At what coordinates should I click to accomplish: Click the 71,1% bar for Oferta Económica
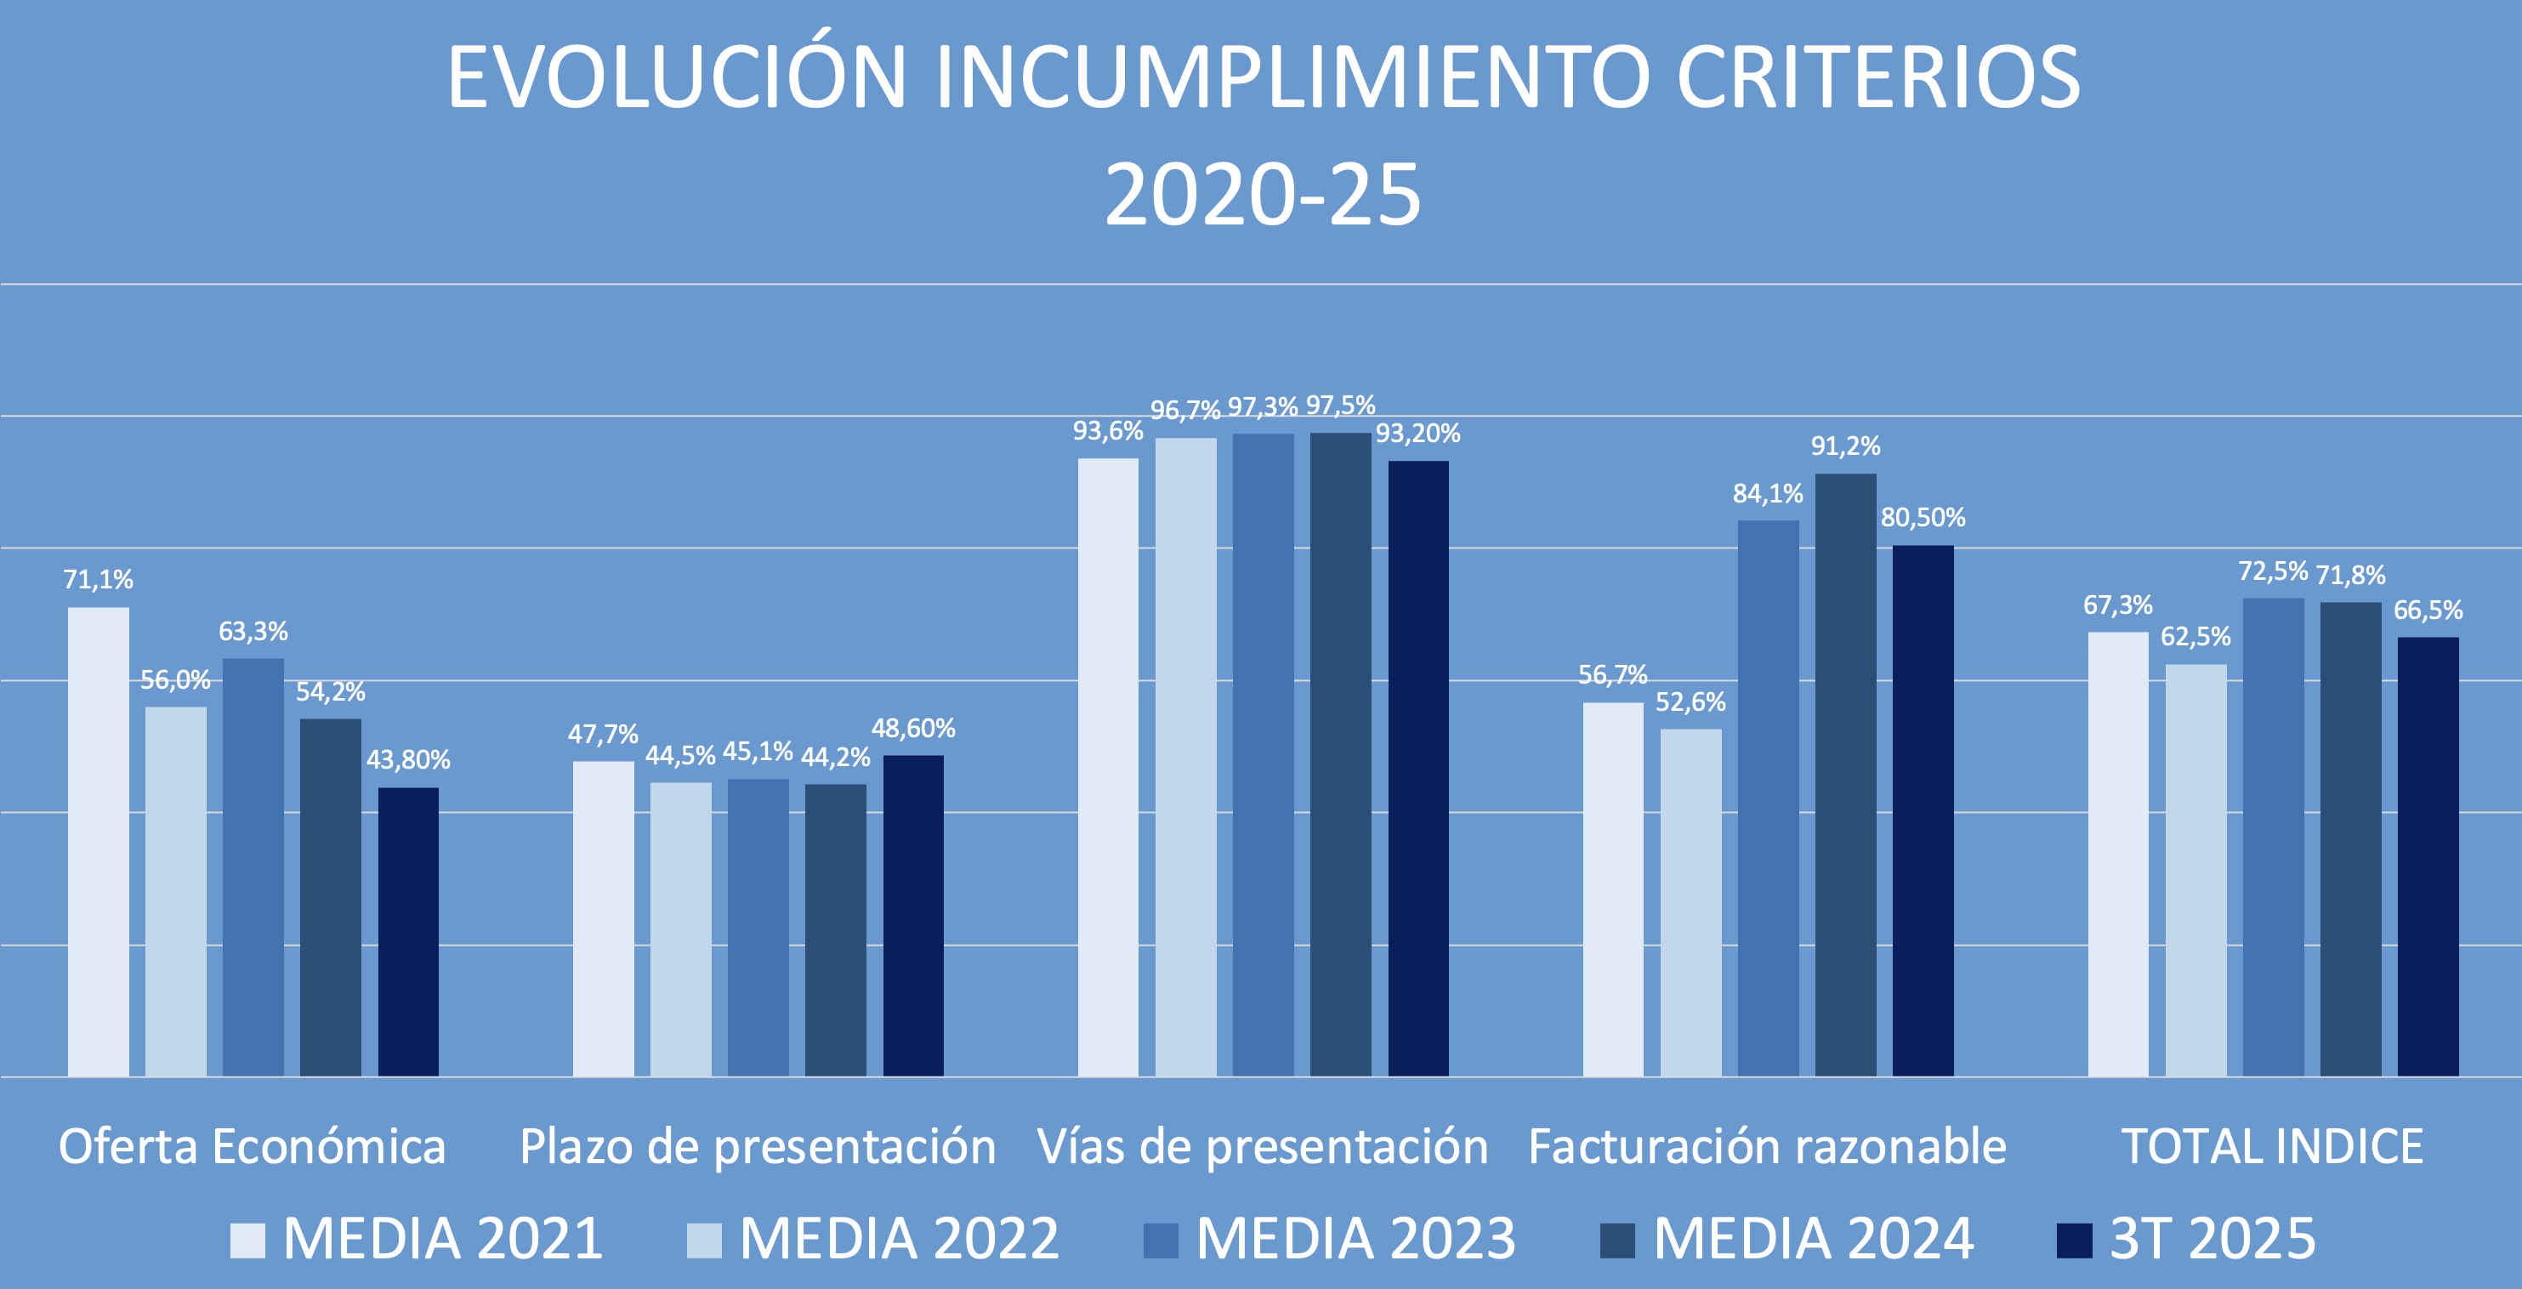coord(98,842)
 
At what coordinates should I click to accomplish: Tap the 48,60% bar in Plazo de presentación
coord(912,915)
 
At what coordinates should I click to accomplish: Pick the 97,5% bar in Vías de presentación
coord(1340,753)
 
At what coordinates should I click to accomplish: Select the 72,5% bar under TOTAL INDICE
coord(2274,837)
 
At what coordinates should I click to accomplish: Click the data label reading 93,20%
coord(1417,434)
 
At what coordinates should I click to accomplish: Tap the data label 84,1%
coord(1767,494)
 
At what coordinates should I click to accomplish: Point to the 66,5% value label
coord(2428,610)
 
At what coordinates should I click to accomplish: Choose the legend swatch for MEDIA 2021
coord(247,1240)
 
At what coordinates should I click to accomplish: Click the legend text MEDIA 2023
coord(1356,1239)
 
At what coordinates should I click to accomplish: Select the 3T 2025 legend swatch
coord(2074,1240)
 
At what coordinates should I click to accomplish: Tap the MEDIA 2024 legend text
coord(1813,1239)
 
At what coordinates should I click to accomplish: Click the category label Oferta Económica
coord(252,1146)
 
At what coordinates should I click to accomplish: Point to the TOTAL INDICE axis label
coord(2272,1146)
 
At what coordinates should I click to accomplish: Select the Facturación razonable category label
coord(1767,1146)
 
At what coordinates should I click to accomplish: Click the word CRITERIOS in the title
coord(1877,78)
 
